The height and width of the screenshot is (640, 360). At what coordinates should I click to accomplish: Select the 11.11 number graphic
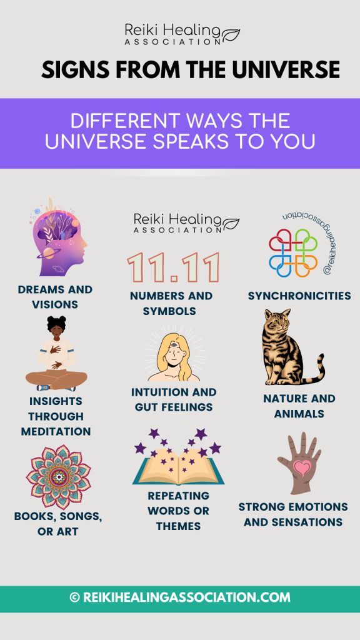[x=173, y=267]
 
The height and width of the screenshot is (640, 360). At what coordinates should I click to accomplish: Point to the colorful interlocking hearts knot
[x=293, y=252]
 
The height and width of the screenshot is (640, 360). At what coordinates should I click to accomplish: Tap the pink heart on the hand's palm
[x=302, y=467]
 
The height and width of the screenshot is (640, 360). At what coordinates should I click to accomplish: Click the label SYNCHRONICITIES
[x=299, y=296]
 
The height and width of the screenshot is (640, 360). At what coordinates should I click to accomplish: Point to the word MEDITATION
[x=56, y=431]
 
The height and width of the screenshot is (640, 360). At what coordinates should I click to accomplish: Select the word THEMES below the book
[x=178, y=526]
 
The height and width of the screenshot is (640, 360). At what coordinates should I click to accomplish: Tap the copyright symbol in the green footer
[x=74, y=597]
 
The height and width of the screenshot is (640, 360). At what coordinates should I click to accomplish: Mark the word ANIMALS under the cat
[x=299, y=414]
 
